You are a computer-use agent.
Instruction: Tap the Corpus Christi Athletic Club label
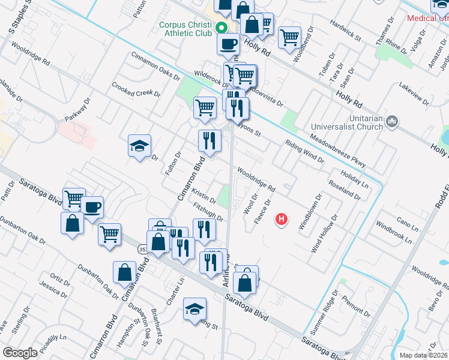click(185, 29)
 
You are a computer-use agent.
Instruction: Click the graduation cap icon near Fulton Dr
click(139, 146)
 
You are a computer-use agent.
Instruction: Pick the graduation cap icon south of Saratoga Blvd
click(194, 310)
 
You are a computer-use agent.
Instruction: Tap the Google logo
click(20, 353)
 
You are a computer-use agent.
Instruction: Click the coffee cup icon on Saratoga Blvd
click(92, 208)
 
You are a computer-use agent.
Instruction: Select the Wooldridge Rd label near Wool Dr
click(256, 179)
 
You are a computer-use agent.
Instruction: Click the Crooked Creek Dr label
click(136, 89)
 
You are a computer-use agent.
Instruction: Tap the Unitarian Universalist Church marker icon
click(393, 122)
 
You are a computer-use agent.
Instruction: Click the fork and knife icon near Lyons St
click(238, 108)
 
